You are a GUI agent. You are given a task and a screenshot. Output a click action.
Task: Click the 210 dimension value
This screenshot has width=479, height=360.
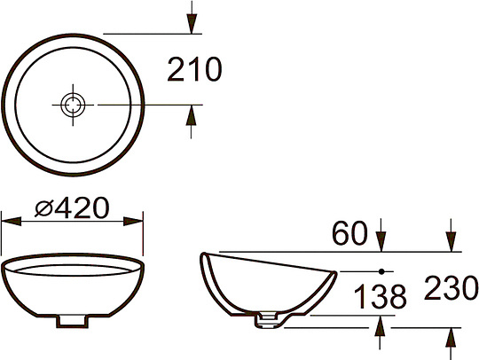[193, 69]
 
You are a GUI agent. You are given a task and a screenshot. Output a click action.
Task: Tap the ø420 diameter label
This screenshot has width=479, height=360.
[72, 207]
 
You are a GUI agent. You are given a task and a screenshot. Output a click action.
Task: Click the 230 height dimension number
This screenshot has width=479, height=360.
[452, 287]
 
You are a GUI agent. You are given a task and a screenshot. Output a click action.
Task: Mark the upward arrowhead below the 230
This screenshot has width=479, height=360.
[450, 337]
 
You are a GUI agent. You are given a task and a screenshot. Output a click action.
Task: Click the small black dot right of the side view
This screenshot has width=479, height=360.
[381, 269]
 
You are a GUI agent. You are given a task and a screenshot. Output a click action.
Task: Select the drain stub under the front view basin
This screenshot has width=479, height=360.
[73, 320]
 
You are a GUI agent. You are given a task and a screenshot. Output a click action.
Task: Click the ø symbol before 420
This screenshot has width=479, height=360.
[44, 208]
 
